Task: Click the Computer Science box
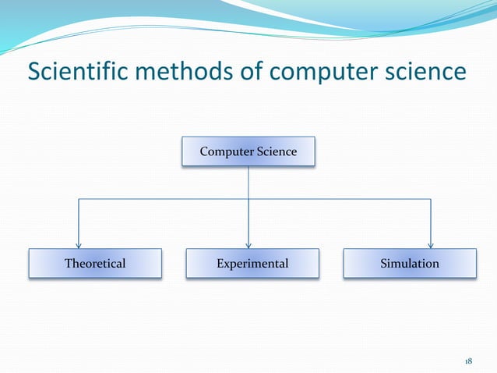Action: click(x=248, y=151)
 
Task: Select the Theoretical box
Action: click(x=95, y=264)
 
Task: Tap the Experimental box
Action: click(x=252, y=264)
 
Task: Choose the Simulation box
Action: click(x=410, y=264)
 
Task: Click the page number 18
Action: click(x=468, y=361)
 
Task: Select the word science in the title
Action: click(x=428, y=72)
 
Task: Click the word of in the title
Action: click(x=253, y=72)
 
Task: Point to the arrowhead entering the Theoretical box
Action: click(x=77, y=245)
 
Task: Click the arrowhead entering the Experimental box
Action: click(x=248, y=245)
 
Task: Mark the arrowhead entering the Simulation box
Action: click(x=430, y=245)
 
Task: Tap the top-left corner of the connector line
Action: click(x=77, y=199)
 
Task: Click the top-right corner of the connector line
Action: click(x=430, y=199)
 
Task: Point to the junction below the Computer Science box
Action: click(x=248, y=199)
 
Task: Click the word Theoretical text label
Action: click(x=95, y=264)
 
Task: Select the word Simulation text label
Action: click(x=410, y=264)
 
